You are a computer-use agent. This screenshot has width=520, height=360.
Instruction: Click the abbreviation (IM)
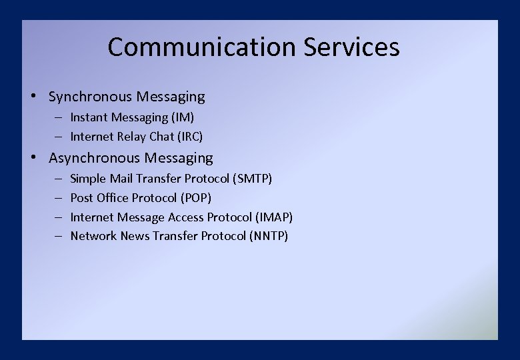tap(183, 118)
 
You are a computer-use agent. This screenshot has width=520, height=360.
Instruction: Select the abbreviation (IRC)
tap(189, 137)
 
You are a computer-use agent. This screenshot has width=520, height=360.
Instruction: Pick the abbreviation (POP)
tap(196, 198)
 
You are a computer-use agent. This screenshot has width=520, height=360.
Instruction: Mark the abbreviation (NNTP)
tap(269, 236)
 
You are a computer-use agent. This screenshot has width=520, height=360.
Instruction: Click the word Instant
tap(89, 118)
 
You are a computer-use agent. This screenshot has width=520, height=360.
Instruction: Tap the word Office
tap(113, 198)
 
